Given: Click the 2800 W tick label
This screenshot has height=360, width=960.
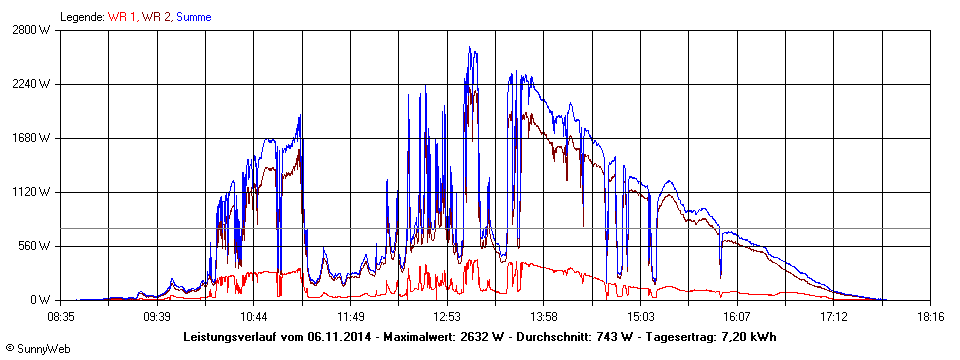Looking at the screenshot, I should click(x=33, y=30).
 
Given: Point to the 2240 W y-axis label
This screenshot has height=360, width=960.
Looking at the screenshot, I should click(x=33, y=84).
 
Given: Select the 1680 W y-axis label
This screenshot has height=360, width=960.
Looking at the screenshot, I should click(x=33, y=138).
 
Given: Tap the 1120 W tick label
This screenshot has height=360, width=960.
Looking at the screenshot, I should click(x=33, y=192).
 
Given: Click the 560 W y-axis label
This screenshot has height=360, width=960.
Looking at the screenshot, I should click(x=36, y=246).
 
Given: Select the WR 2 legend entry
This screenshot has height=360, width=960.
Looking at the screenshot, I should click(x=157, y=17).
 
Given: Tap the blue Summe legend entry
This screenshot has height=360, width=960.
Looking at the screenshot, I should click(x=193, y=17).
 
